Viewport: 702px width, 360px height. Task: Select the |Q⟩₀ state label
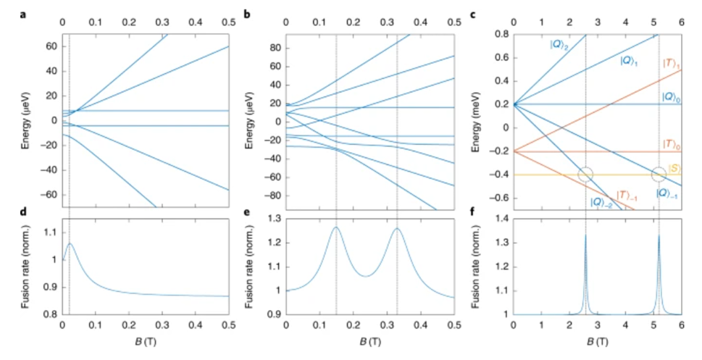[x=670, y=96]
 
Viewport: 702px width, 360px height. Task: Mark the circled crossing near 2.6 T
[x=586, y=175]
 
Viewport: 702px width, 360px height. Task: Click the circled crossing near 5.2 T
[x=659, y=175]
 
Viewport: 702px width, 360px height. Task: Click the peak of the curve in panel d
[x=70, y=243]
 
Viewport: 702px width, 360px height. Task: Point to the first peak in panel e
[x=336, y=227]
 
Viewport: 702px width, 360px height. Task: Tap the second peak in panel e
[x=397, y=229]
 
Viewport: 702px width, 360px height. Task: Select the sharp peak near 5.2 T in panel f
[x=659, y=235]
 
